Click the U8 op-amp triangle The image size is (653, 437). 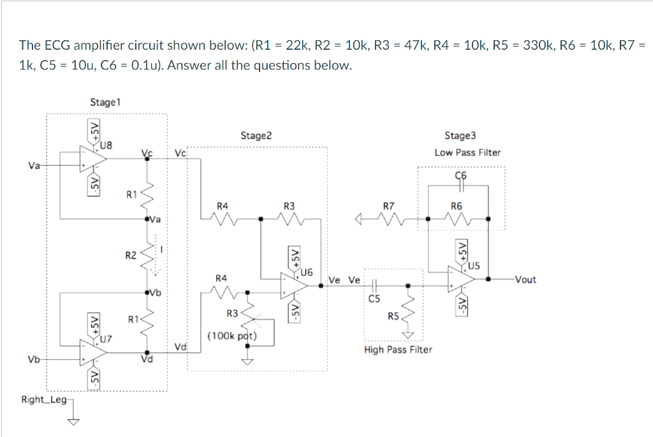(91, 158)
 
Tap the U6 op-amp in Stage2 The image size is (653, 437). (293, 285)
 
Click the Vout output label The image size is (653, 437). (525, 279)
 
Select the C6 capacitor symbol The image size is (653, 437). (461, 187)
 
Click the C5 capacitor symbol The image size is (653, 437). (374, 285)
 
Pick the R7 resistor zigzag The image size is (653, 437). (389, 220)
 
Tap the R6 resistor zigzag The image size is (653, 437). (457, 220)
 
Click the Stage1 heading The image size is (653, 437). (106, 102)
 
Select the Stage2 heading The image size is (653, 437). (256, 135)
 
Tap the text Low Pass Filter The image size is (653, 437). (467, 152)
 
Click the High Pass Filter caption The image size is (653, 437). (398, 350)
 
